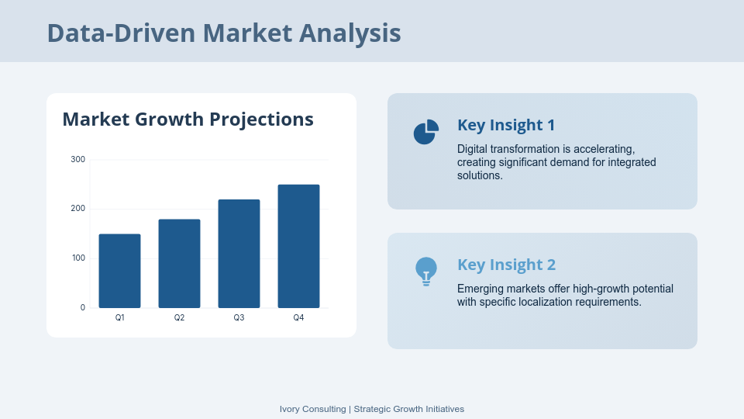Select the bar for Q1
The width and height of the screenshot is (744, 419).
119,271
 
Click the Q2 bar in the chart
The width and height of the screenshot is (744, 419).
179,264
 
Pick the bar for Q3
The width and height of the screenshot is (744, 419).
239,254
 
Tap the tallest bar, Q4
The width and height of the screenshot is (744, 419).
298,246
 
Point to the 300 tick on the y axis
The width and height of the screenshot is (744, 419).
77,159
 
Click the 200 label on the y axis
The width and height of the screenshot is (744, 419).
77,209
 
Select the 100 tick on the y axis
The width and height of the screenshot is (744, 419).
77,258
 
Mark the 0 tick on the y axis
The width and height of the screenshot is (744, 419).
83,307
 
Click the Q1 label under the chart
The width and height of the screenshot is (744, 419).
119,317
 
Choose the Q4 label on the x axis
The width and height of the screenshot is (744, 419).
298,317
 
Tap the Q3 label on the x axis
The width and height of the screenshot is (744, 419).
239,317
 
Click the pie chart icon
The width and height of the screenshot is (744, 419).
425,133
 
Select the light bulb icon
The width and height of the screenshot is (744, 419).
426,272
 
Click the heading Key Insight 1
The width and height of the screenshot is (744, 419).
506,125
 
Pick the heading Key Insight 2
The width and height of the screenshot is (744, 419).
506,265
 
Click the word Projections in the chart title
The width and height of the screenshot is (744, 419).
261,119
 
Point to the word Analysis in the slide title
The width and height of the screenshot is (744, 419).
350,33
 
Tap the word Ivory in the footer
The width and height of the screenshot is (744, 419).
289,409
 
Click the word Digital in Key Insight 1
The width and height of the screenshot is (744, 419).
472,149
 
